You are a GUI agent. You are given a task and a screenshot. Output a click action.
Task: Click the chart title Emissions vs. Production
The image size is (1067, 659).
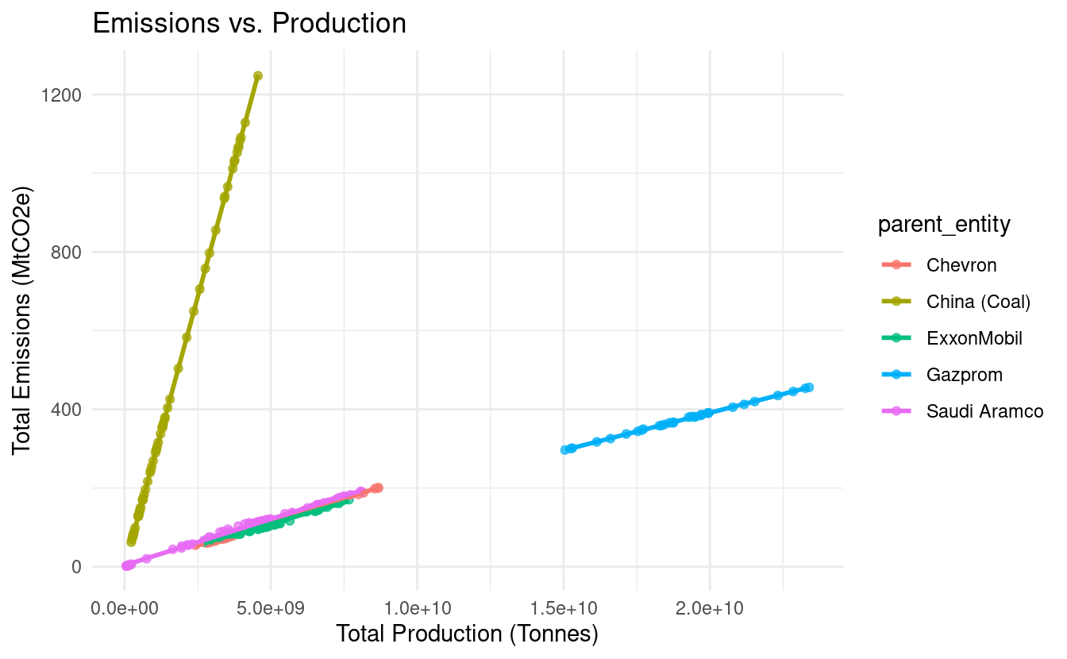point(249,23)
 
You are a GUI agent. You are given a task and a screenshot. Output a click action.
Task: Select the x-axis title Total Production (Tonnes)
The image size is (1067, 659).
point(467,634)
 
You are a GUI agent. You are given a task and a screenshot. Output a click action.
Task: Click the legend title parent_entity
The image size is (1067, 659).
point(944,225)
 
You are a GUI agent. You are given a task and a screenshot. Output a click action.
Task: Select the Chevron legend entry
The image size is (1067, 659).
point(961,265)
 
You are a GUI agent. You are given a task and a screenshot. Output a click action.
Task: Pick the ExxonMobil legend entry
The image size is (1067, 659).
point(974,338)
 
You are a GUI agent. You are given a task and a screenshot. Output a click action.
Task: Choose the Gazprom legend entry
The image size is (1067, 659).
point(965,375)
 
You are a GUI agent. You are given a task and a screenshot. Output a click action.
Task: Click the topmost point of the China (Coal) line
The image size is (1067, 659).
point(257,76)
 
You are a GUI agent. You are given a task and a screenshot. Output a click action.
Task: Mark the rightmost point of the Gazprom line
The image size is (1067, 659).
point(808,387)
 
